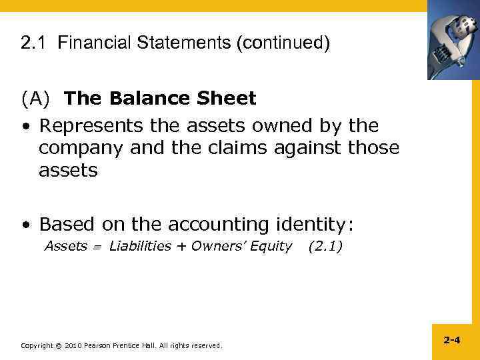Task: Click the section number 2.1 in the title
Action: click(x=33, y=44)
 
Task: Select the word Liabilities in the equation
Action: click(x=140, y=247)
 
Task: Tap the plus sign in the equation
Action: click(x=181, y=247)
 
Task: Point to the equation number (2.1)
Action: click(x=325, y=247)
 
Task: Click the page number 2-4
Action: click(x=451, y=340)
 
